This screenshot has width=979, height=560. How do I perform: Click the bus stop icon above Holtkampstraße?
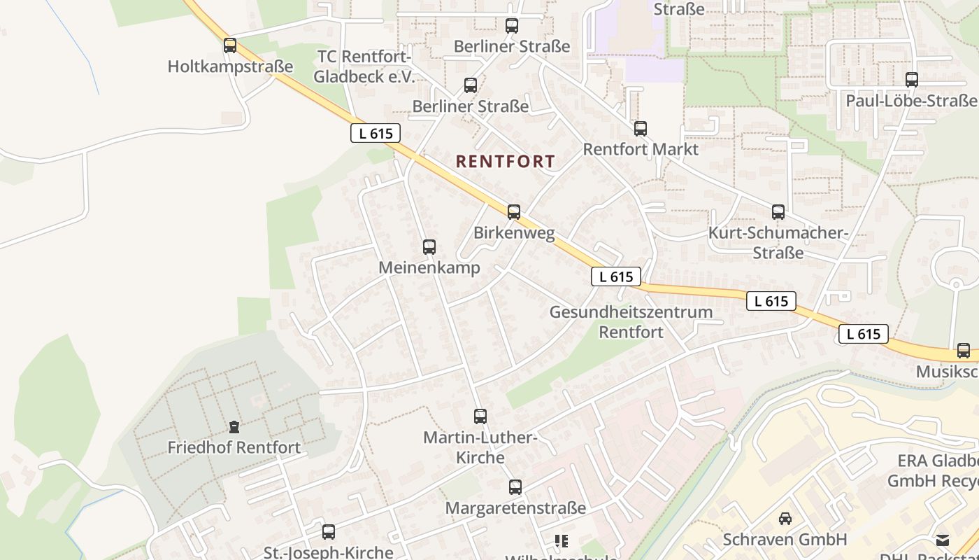pyautogui.click(x=230, y=45)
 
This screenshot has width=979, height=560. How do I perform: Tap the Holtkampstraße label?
pyautogui.click(x=230, y=66)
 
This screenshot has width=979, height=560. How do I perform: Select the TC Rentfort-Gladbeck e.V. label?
pyautogui.click(x=364, y=66)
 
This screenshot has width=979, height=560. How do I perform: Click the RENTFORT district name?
pyautogui.click(x=505, y=162)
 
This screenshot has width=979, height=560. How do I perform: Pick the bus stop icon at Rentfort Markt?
pyautogui.click(x=641, y=129)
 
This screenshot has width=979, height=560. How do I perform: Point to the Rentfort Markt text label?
pyautogui.click(x=641, y=149)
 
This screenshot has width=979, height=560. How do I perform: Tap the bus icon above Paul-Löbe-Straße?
pyautogui.click(x=912, y=80)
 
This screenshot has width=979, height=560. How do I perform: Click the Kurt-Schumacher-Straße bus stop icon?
pyautogui.click(x=778, y=212)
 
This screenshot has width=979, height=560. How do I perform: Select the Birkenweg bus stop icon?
pyautogui.click(x=514, y=212)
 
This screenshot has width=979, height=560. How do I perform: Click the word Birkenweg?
pyautogui.click(x=514, y=233)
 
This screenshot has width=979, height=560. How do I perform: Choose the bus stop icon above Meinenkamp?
pyautogui.click(x=429, y=247)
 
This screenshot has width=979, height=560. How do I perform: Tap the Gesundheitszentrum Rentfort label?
pyautogui.click(x=631, y=322)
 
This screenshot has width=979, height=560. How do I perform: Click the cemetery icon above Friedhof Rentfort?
pyautogui.click(x=234, y=426)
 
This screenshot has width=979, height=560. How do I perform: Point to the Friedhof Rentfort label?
pyautogui.click(x=234, y=447)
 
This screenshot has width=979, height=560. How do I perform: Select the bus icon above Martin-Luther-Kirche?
pyautogui.click(x=480, y=416)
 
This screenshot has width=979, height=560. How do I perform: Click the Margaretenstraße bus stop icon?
pyautogui.click(x=515, y=487)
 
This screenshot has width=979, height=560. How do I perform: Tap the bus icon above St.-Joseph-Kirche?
pyautogui.click(x=329, y=532)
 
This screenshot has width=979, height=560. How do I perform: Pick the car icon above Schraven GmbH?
pyautogui.click(x=785, y=519)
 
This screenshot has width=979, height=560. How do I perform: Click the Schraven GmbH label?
pyautogui.click(x=785, y=540)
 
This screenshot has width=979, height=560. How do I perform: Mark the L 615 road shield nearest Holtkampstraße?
pyautogui.click(x=376, y=133)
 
